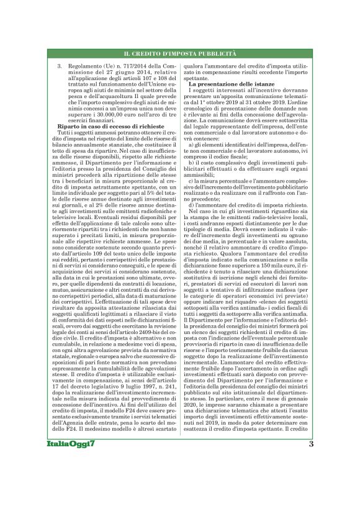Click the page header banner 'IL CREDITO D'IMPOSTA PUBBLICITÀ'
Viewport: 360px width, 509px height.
pos(180,56)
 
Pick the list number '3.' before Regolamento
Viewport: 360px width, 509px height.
pos(59,66)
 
